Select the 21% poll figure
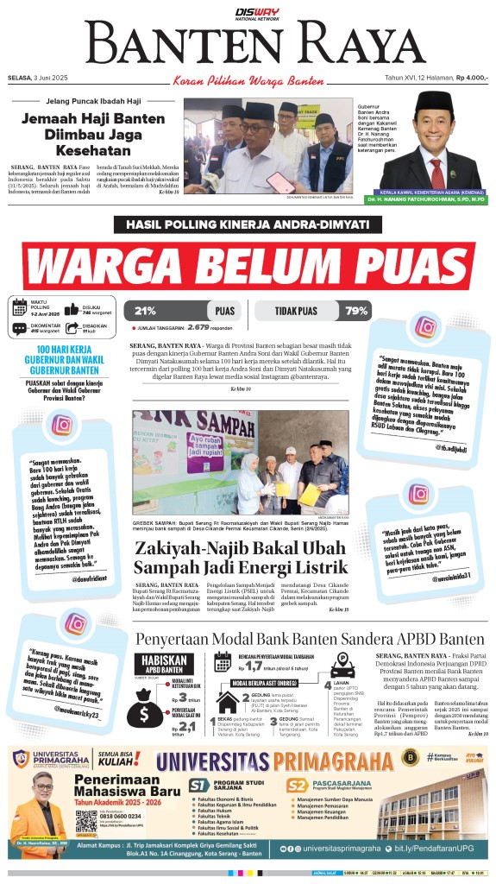click(145, 311)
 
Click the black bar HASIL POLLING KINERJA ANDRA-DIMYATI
click(248, 224)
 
